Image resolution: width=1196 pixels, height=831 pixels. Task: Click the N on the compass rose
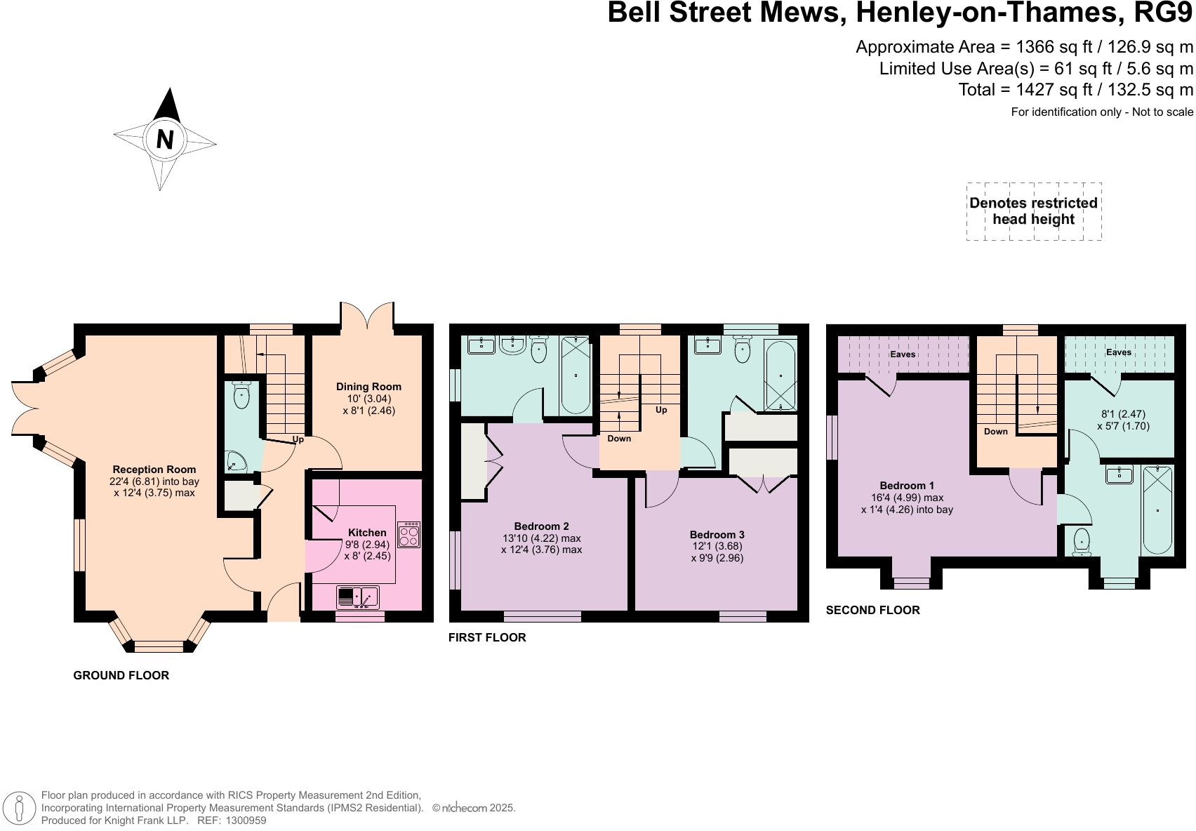[x=164, y=140]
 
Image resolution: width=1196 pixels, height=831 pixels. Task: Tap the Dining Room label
[x=368, y=387]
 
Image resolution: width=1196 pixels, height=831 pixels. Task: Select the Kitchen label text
[x=367, y=533]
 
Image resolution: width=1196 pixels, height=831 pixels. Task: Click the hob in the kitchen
[x=409, y=535]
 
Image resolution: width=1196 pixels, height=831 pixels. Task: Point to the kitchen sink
[x=358, y=597]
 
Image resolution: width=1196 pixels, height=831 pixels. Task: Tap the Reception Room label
[x=154, y=470]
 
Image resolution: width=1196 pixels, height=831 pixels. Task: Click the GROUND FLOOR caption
[x=121, y=675]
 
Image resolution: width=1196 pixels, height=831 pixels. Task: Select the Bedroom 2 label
[x=541, y=526]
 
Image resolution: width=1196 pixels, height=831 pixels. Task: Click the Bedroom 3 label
[x=717, y=535]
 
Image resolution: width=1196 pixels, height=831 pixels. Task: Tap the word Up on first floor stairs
[x=661, y=410]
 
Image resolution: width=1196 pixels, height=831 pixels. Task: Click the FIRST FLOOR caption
[x=487, y=637]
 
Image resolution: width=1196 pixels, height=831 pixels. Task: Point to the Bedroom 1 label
[x=907, y=486]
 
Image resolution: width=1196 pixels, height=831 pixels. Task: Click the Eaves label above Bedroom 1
[x=903, y=354]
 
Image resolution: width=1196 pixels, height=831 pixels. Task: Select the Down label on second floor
[x=995, y=432]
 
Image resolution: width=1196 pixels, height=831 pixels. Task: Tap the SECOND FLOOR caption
[x=872, y=610]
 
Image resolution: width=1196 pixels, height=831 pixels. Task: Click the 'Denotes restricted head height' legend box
[x=1033, y=211]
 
